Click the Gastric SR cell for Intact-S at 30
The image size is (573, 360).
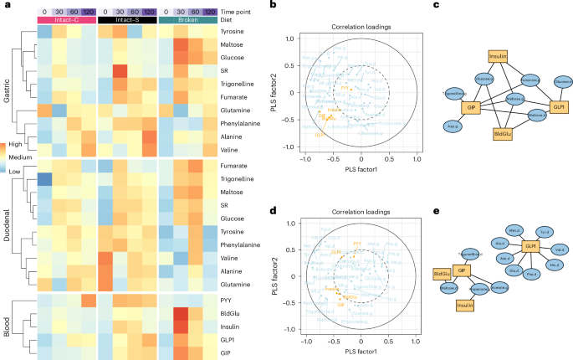pyautogui.click(x=119, y=69)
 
